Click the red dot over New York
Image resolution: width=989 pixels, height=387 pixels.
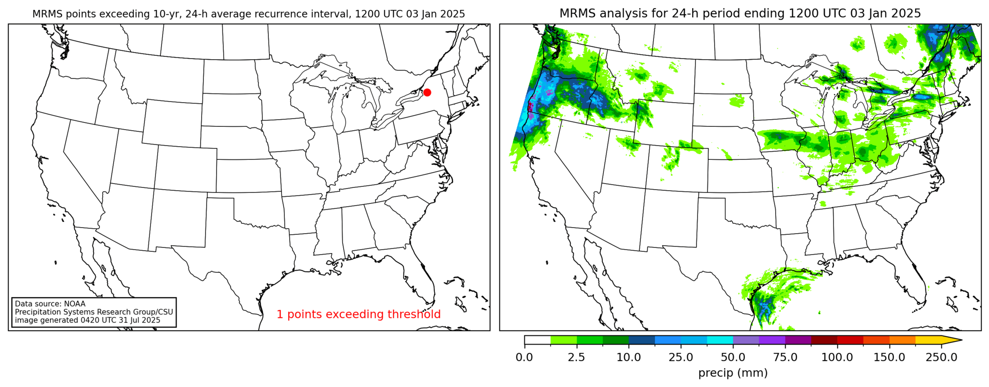pos(427,93)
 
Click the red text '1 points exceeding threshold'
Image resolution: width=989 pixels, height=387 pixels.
pos(358,314)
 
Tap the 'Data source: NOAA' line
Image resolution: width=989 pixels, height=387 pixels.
pos(50,304)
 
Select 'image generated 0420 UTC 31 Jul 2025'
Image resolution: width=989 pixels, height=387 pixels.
pos(88,320)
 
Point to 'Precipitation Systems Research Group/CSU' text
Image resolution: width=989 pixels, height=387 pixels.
pos(94,312)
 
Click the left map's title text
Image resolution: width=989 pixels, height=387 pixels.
pos(248,14)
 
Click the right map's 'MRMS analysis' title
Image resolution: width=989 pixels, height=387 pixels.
pos(740,13)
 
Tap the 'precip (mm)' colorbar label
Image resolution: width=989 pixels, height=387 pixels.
pos(733,373)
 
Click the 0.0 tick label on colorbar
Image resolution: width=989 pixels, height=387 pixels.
pos(524,357)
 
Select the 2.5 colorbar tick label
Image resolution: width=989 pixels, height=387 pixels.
pos(576,357)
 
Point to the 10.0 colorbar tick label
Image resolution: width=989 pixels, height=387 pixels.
pos(628,357)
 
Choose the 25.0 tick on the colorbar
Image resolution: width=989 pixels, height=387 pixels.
pos(680,357)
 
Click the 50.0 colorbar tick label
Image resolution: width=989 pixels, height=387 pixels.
pos(733,357)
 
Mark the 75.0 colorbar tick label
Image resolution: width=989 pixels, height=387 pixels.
pos(785,357)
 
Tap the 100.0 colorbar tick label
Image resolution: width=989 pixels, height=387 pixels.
pos(837,357)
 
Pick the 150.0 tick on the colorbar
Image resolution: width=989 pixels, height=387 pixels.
pos(889,357)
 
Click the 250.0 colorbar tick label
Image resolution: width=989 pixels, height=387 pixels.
pos(941,357)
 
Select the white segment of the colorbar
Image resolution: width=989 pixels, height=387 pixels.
pos(538,340)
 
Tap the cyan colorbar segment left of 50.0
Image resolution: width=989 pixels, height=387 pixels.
pos(720,340)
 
